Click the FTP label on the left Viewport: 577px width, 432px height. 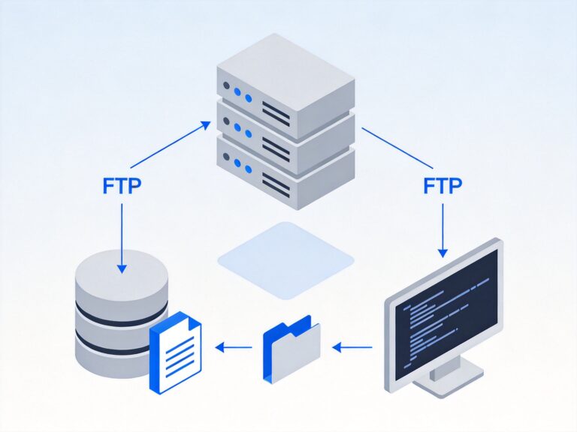[121, 186]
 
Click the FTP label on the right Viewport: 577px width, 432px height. [443, 184]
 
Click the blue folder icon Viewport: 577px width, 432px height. [291, 349]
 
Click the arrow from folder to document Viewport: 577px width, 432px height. [234, 346]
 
